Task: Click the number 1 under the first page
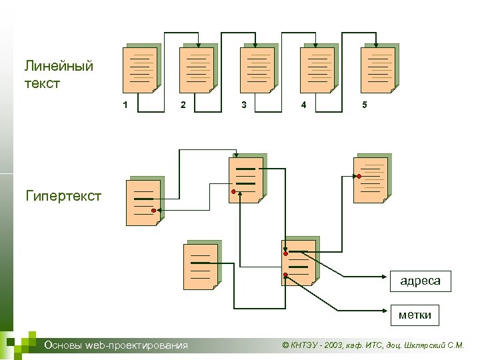[125, 105]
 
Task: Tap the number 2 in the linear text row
[184, 105]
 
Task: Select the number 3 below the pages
[244, 105]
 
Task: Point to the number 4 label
[304, 105]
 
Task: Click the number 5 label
[364, 105]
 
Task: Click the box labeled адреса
[420, 281]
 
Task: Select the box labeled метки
[415, 314]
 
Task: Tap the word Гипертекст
[63, 196]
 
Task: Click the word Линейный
[59, 66]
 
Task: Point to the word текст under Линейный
[43, 84]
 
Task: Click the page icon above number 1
[141, 69]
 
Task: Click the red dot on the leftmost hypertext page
[153, 211]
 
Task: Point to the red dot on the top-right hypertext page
[359, 176]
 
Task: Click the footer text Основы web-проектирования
[115, 345]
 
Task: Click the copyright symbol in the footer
[286, 345]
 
